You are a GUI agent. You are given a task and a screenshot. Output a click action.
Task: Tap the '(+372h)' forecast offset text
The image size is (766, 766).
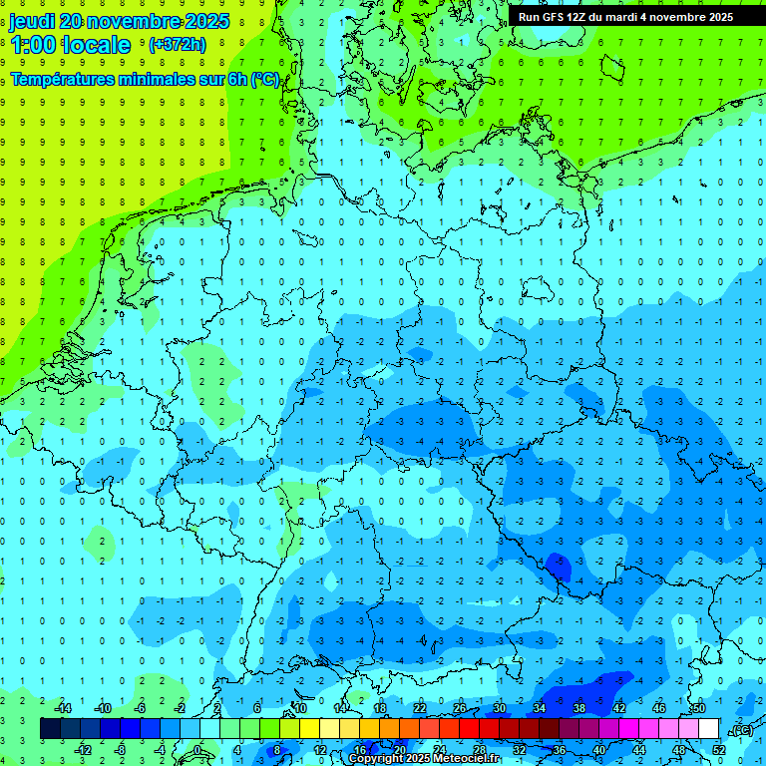tap(178, 45)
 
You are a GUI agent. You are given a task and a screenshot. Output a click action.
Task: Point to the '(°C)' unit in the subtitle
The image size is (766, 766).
tap(264, 80)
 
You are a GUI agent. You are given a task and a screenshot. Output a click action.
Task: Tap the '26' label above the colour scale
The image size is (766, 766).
tap(460, 708)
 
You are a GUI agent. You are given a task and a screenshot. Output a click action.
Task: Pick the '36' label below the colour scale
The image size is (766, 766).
tap(560, 749)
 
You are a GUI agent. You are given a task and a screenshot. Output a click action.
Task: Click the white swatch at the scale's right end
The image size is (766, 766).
tap(709, 728)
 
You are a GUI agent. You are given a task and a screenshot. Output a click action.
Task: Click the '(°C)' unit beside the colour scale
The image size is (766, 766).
tap(741, 729)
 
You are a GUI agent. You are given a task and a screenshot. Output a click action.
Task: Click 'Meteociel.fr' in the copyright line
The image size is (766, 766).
tap(467, 759)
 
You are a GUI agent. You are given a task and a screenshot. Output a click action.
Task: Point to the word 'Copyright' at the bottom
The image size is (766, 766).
tap(375, 759)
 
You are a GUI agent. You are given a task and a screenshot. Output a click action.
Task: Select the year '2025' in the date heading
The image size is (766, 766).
tap(201, 21)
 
